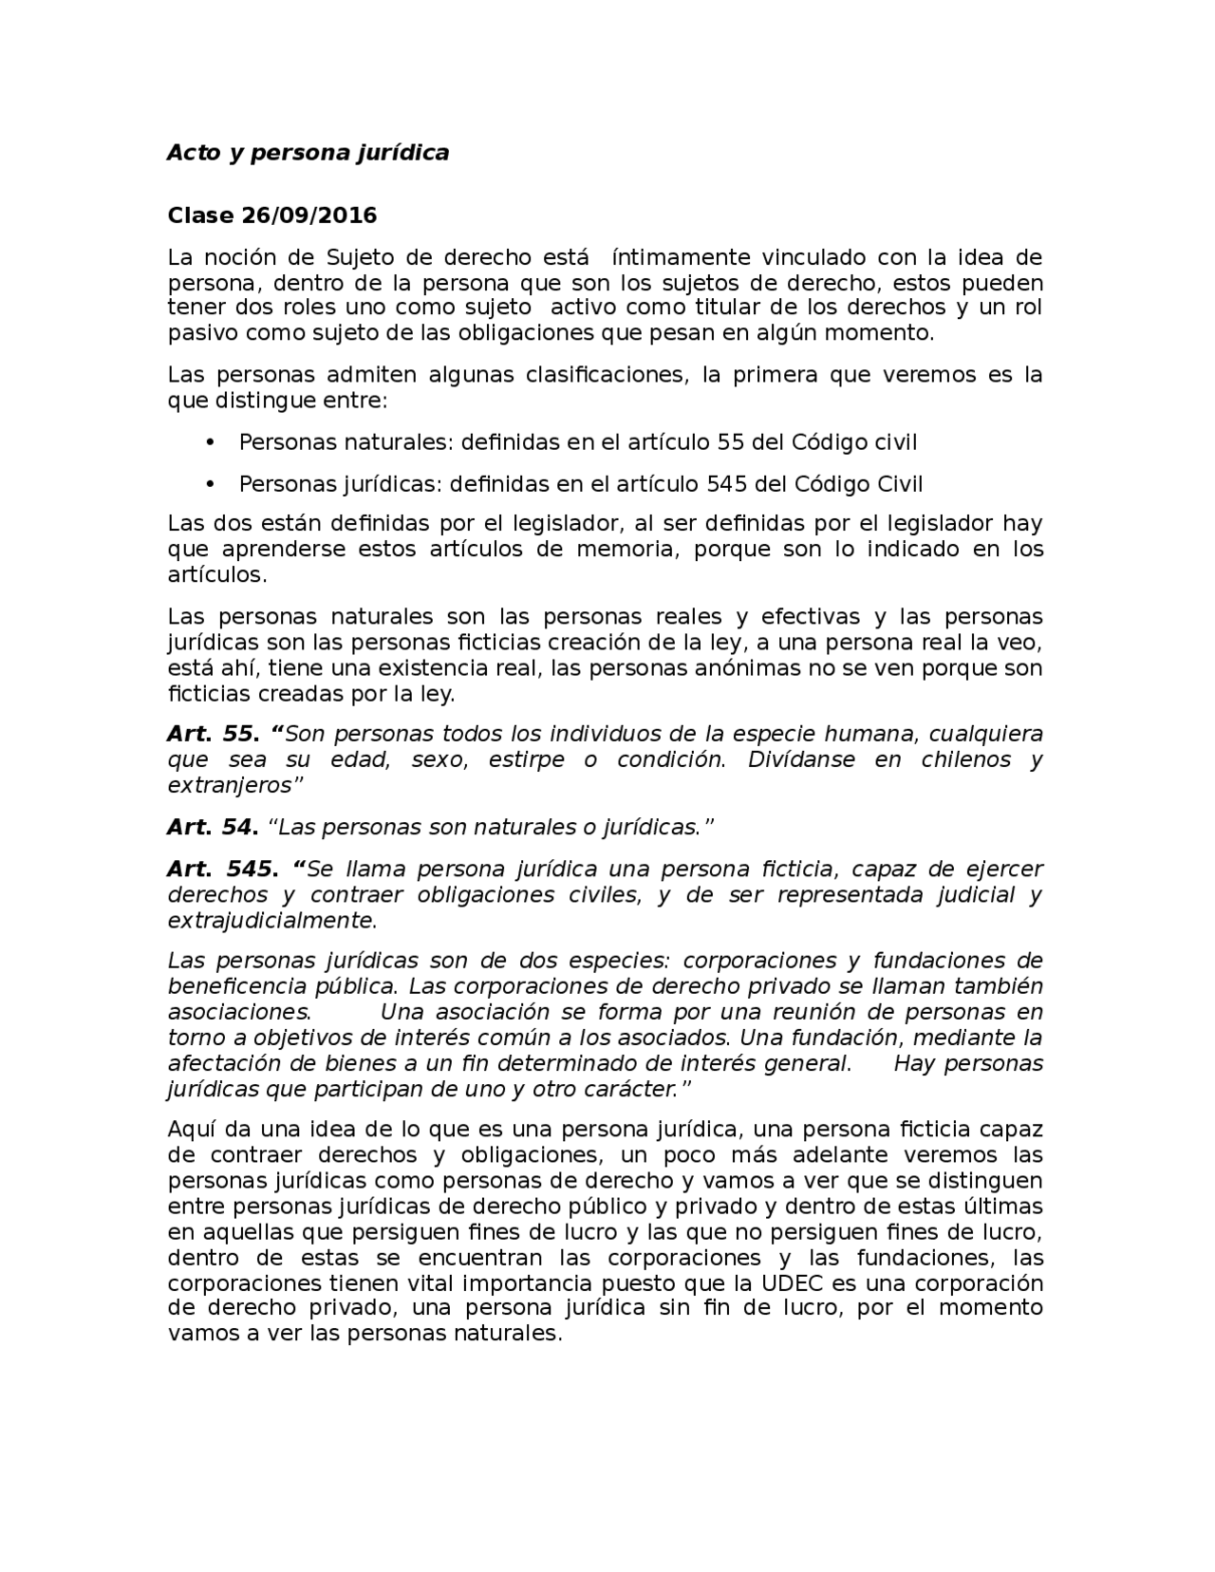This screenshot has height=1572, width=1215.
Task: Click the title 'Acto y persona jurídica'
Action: pyautogui.click(x=308, y=153)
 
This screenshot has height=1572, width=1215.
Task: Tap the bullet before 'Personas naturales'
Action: pyautogui.click(x=211, y=442)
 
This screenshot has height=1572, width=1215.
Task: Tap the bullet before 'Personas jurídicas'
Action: pyautogui.click(x=211, y=484)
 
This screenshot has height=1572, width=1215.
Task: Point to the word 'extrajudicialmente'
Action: pyautogui.click(x=271, y=920)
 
